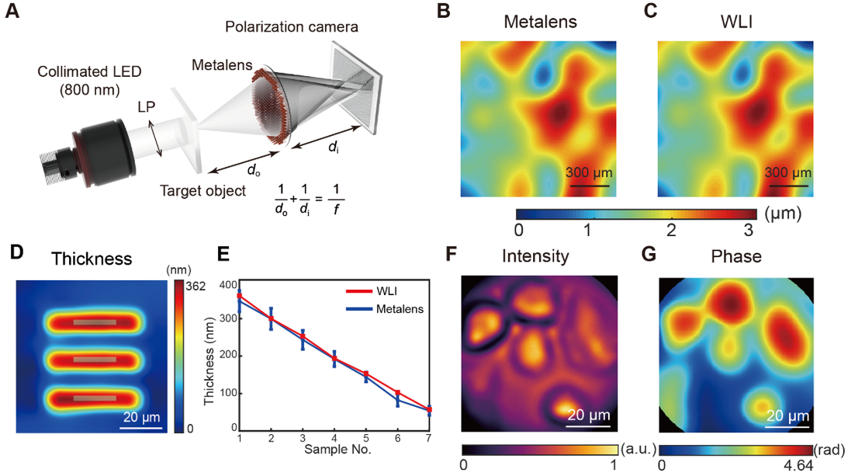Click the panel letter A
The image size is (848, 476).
(x=13, y=12)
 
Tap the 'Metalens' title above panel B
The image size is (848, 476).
(x=540, y=22)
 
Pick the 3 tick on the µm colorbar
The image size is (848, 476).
(x=746, y=230)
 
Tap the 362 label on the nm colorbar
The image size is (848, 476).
(x=194, y=286)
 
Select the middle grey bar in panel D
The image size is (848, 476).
(x=95, y=360)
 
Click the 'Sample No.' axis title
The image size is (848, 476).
(x=337, y=450)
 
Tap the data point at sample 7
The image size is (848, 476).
(x=429, y=409)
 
